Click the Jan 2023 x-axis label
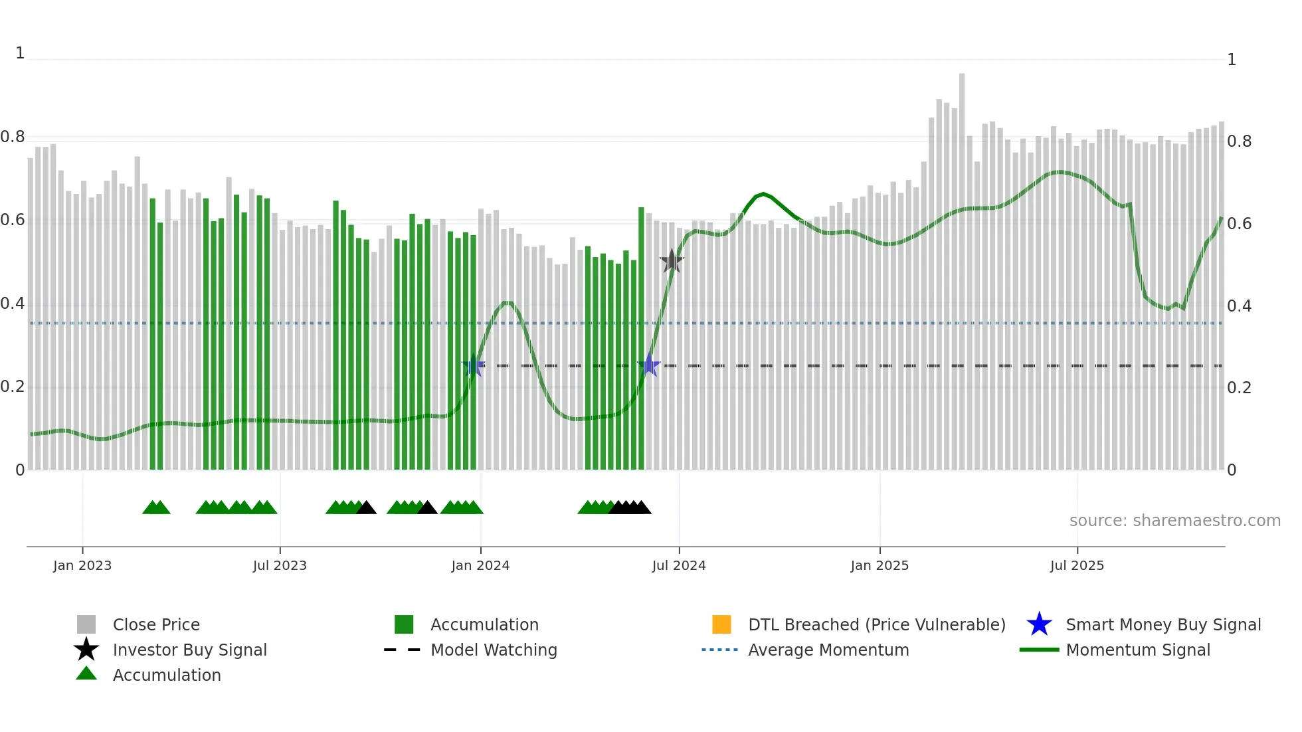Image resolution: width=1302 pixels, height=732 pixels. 82,565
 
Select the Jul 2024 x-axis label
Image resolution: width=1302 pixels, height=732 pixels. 679,565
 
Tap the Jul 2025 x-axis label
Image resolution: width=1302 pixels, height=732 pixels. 1077,565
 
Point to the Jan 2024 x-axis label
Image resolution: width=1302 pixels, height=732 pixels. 480,565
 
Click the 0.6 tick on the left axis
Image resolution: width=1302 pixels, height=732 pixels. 13,220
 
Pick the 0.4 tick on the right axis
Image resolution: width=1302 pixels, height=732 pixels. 1239,306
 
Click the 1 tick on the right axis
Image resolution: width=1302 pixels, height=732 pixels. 1232,60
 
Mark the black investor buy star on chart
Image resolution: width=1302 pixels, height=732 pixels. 672,261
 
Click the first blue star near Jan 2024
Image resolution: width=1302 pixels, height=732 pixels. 474,365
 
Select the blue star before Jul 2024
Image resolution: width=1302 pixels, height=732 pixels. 649,365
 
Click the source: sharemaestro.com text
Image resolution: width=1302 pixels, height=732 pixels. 1174,521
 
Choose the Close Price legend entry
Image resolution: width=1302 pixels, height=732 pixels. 156,624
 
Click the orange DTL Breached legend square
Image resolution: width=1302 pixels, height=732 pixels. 721,624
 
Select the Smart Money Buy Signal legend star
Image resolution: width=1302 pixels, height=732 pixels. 1039,624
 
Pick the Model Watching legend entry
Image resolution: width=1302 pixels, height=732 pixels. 494,650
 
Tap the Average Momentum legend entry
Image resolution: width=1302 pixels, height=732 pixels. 828,650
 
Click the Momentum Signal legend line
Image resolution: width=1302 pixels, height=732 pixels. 1039,650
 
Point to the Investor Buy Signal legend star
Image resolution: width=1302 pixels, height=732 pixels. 86,650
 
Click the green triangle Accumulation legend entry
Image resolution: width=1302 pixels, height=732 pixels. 86,674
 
